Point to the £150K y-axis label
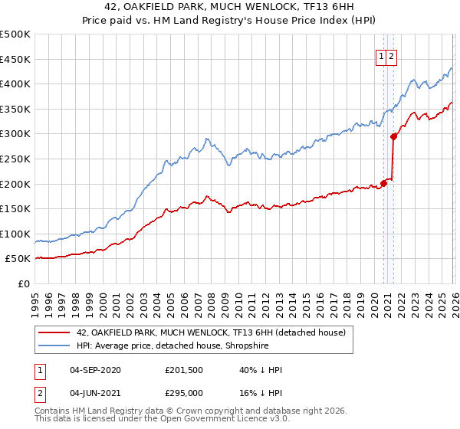click(x=15, y=208)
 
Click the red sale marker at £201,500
click(x=383, y=183)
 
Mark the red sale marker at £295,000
click(x=394, y=136)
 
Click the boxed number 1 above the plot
click(x=381, y=55)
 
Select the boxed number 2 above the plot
click(x=392, y=55)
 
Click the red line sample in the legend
click(x=55, y=332)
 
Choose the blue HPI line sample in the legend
click(x=55, y=345)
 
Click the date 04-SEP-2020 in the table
click(x=95, y=370)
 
